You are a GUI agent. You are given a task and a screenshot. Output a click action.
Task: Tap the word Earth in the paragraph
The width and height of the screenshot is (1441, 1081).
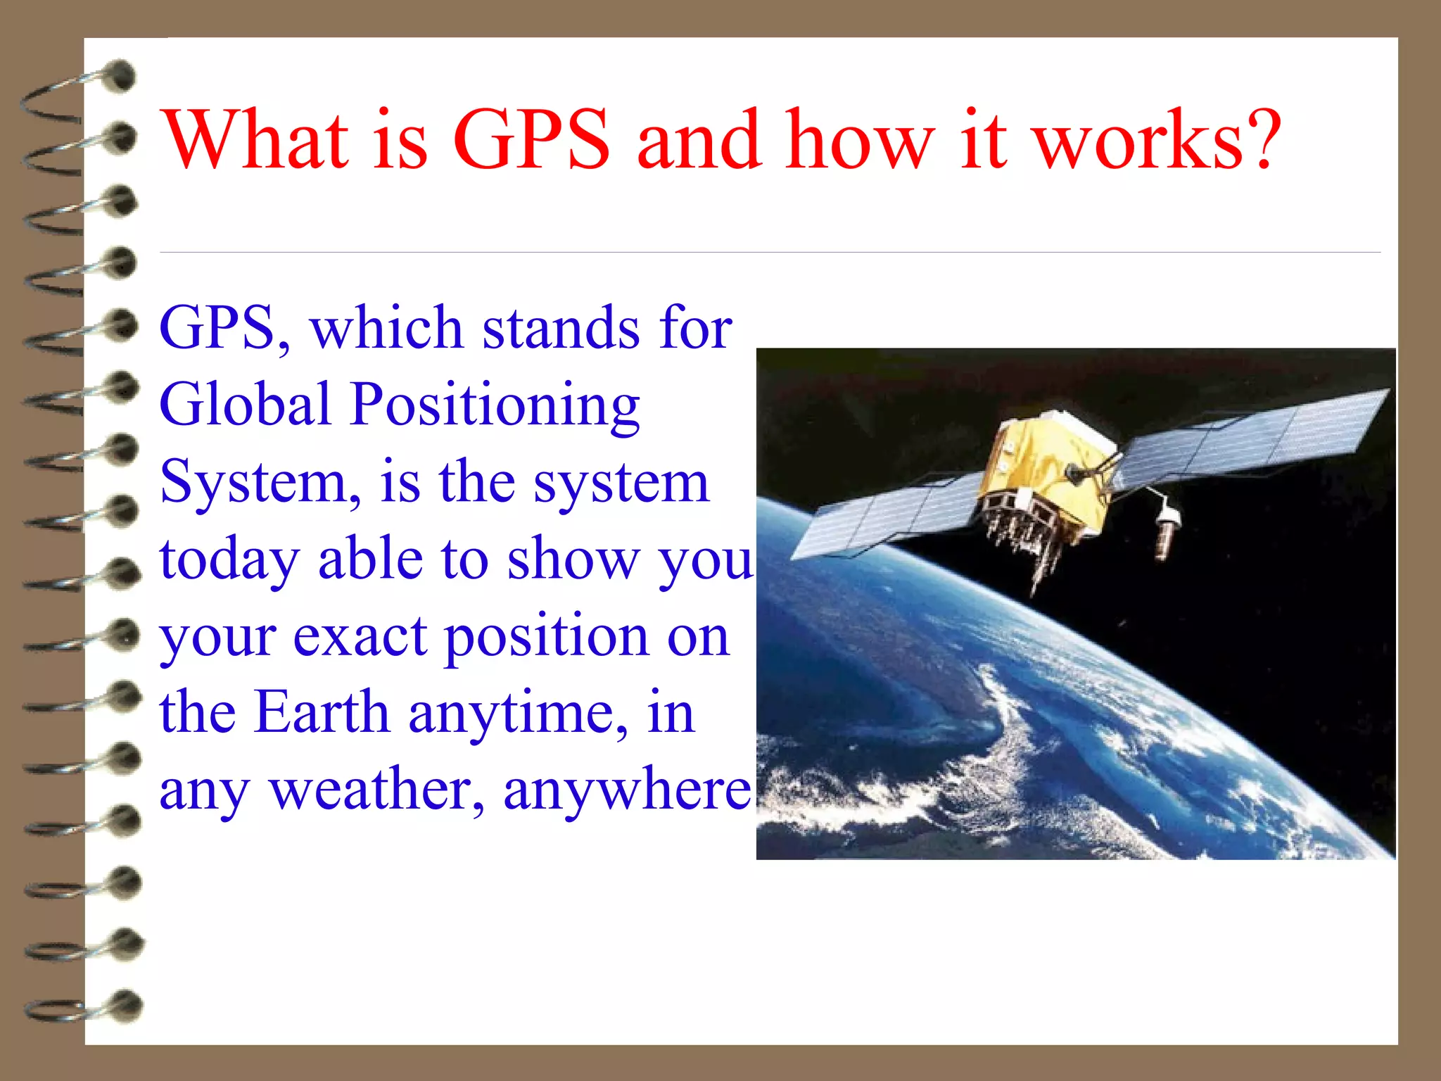click(322, 712)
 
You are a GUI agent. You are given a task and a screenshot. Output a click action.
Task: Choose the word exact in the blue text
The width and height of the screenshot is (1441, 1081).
click(360, 637)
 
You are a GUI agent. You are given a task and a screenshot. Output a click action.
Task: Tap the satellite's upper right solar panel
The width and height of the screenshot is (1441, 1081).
click(1252, 436)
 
